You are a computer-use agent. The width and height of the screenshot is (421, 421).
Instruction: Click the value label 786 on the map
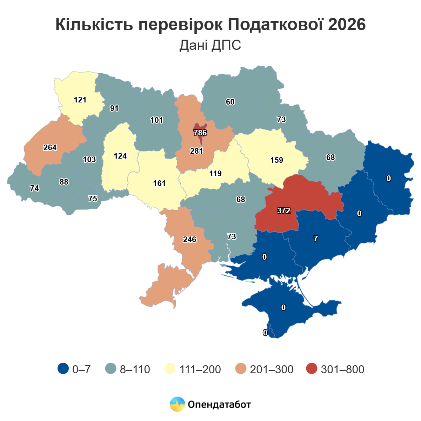click(x=200, y=133)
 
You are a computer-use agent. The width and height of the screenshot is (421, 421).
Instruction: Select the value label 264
click(x=50, y=148)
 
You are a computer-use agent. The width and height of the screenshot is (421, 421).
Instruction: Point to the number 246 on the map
click(x=189, y=240)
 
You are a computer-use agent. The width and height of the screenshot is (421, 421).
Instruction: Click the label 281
click(x=196, y=151)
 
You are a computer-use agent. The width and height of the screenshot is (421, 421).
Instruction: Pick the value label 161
click(x=159, y=183)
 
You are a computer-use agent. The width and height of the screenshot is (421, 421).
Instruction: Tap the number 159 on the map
click(x=276, y=160)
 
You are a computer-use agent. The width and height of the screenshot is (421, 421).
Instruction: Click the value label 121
click(x=80, y=100)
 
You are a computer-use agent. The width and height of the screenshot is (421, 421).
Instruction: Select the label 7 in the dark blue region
click(x=316, y=239)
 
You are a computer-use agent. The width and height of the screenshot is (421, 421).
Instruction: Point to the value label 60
click(x=230, y=102)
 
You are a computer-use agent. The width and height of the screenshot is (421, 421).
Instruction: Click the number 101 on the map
click(x=156, y=120)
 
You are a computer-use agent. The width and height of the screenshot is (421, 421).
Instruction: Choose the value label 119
click(x=215, y=173)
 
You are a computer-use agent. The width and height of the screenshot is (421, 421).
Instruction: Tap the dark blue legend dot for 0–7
click(x=63, y=369)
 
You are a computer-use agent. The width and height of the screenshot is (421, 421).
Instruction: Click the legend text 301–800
click(x=342, y=369)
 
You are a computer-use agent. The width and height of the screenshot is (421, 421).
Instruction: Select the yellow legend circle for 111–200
click(x=170, y=369)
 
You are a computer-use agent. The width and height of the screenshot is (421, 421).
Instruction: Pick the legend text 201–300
click(x=272, y=369)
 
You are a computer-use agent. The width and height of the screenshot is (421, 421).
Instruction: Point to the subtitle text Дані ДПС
click(x=210, y=45)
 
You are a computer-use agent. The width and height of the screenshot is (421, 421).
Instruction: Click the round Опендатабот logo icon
click(x=178, y=405)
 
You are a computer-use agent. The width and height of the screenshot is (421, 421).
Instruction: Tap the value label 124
click(x=120, y=156)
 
